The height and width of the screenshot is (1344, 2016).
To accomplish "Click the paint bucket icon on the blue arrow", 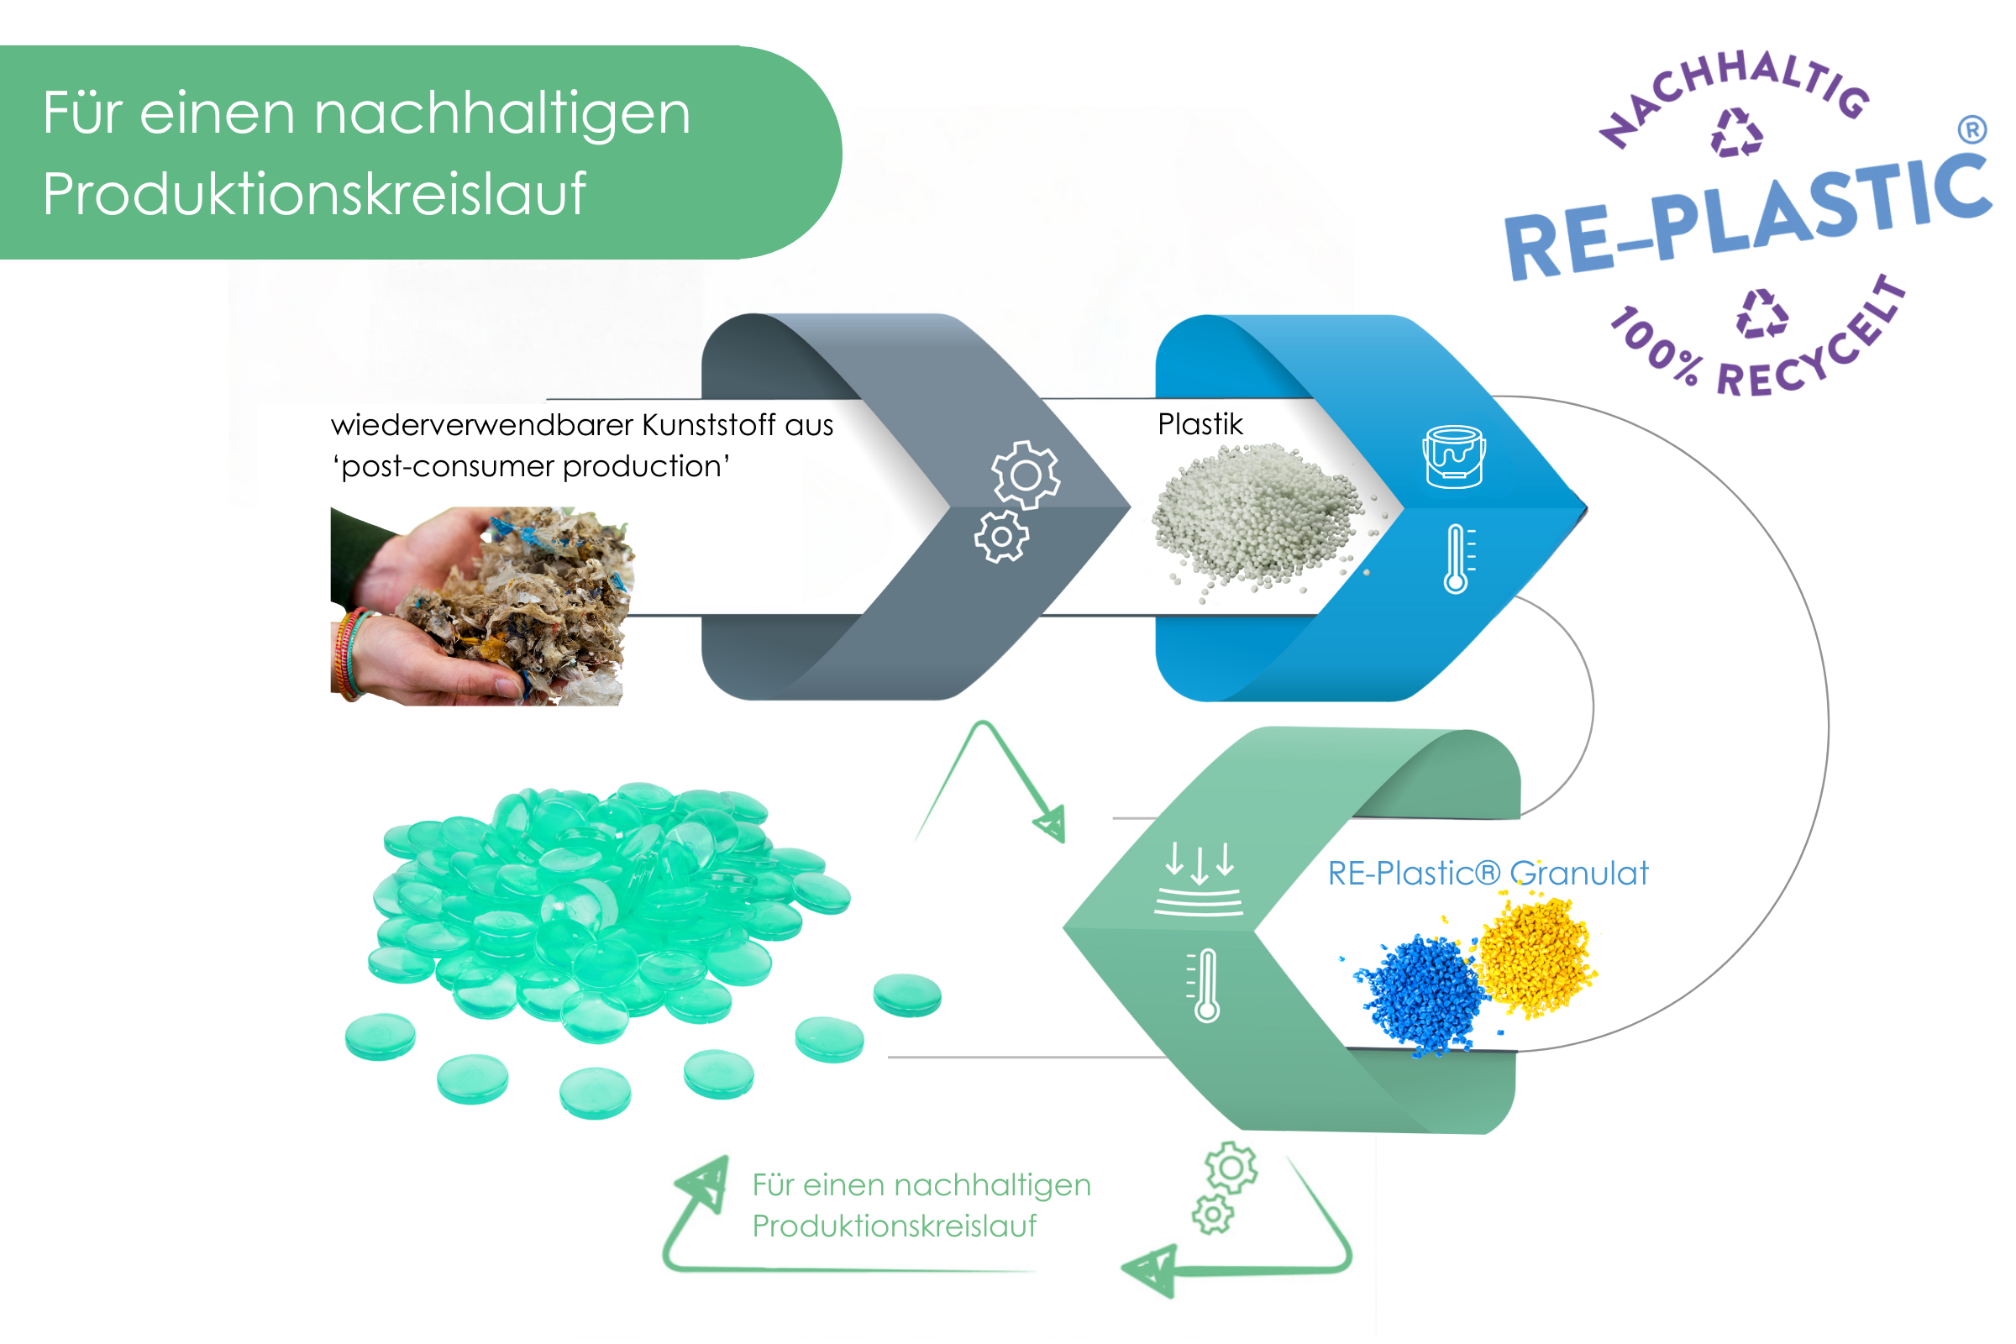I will coord(1454,456).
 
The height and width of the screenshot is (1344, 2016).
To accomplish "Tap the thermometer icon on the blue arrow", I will coord(1457,559).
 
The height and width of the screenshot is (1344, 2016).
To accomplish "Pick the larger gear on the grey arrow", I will coord(1026,474).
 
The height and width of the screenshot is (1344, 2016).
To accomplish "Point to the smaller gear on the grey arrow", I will coord(1000,537).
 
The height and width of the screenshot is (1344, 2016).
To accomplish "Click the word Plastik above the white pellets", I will coord(1200,424).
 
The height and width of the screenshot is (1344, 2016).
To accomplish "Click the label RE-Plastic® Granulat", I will coord(1487,874).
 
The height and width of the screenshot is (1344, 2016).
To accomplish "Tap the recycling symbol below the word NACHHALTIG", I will coord(1736,133).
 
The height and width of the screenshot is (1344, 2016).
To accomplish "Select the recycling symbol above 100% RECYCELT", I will coord(1761,313).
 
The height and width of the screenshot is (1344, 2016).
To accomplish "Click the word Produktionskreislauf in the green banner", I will coord(313,194).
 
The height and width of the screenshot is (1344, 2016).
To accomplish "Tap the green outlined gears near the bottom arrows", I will coord(1225,1187).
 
